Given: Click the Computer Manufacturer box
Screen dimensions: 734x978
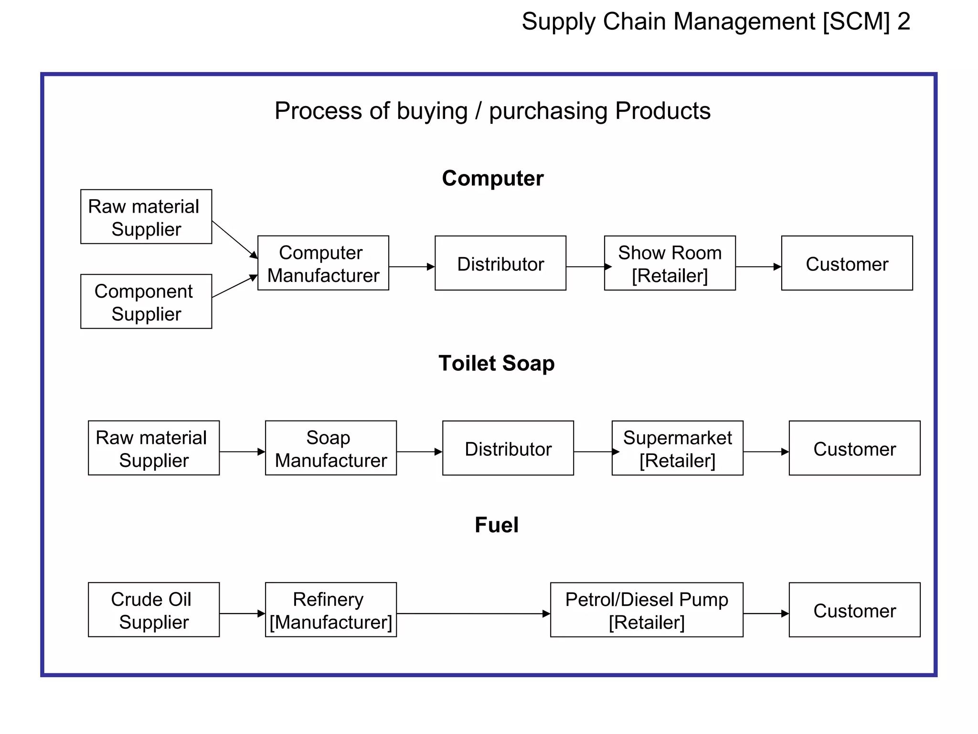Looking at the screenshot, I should point(323,263).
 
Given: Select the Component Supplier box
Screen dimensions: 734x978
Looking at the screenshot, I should point(146,302).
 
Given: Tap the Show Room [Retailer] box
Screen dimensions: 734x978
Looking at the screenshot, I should point(670,263).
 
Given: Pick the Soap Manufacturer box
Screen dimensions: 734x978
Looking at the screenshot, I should point(330,448).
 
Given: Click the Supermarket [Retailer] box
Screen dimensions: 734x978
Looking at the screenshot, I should point(677,448).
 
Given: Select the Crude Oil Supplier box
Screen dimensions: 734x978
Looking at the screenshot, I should point(154,609).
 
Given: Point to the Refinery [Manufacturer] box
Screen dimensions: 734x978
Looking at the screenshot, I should point(330,609).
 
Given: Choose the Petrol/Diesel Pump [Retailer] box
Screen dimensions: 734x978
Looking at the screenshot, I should point(647,609).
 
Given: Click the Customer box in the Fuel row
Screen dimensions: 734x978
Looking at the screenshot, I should point(854,609).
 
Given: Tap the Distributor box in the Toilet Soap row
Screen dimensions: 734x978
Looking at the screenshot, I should point(508,448).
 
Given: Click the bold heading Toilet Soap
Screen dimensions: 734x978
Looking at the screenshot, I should point(496,363).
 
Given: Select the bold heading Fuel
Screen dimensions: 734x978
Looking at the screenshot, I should point(496,525).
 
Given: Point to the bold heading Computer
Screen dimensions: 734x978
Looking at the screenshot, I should point(492,178).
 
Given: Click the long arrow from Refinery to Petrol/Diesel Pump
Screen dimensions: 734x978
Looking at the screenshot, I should point(473,613).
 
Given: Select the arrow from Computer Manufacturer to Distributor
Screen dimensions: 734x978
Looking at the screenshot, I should point(411,267).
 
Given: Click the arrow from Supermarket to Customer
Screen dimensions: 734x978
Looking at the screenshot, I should point(765,452).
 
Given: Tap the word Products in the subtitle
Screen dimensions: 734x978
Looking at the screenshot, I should point(662,111).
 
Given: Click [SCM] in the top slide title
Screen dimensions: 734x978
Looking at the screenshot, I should point(856,22).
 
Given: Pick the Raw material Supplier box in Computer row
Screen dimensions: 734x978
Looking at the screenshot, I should point(146,216).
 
